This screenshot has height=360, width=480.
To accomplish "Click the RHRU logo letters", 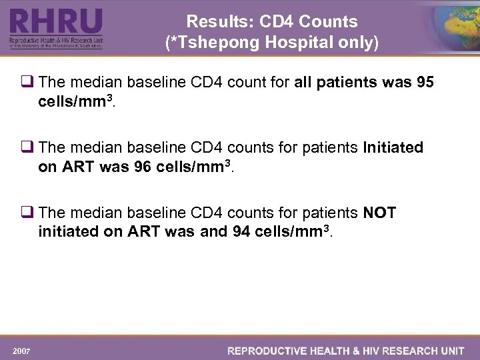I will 56,22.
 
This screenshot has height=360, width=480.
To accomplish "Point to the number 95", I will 425,82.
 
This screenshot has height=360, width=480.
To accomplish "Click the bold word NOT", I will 379,213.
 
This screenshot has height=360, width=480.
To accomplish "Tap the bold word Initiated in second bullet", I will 393,147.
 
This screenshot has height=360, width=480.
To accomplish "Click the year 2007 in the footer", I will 21,350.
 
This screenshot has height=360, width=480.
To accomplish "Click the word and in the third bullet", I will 213,232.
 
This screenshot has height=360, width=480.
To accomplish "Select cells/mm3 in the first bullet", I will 73,101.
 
